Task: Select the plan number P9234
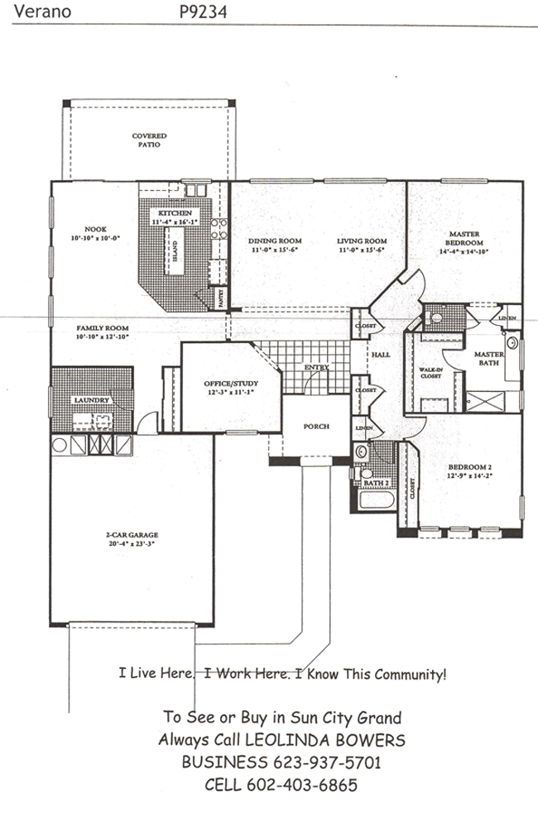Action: click(x=203, y=12)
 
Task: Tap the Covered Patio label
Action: click(x=150, y=140)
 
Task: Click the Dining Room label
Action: click(x=272, y=241)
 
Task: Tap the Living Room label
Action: click(x=362, y=241)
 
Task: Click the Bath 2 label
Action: click(x=376, y=483)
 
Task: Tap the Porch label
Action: click(x=316, y=427)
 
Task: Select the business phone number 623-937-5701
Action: click(x=326, y=761)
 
